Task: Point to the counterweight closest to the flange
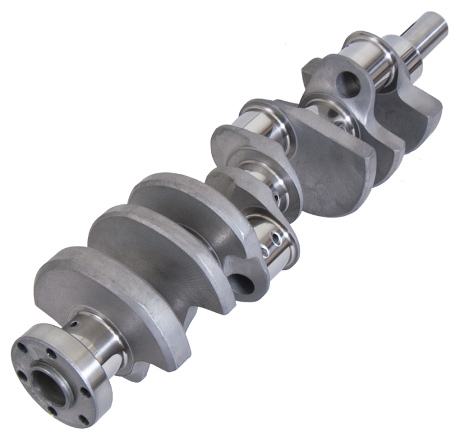click(115, 288)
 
